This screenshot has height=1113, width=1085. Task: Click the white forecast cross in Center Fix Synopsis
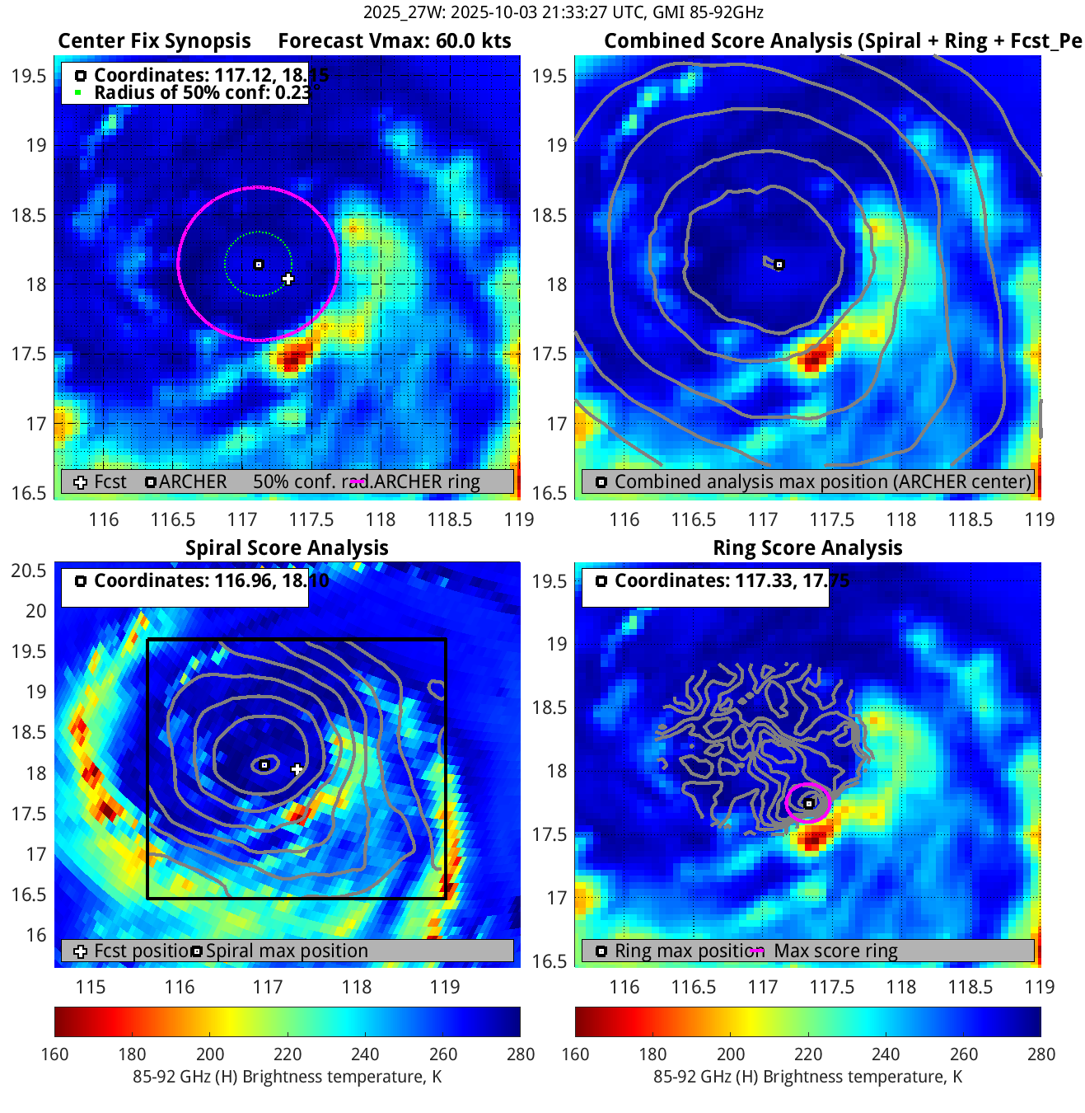click(288, 279)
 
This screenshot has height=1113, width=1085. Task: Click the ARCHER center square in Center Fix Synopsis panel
click(259, 265)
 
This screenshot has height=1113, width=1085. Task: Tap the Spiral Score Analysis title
click(287, 547)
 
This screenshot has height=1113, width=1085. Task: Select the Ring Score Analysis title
click(807, 547)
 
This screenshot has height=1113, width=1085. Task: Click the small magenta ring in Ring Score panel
click(808, 803)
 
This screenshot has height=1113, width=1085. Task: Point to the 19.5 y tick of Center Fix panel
click(29, 76)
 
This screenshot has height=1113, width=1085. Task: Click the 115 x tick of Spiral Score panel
click(91, 987)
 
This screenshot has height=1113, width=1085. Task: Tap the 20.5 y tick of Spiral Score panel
click(29, 571)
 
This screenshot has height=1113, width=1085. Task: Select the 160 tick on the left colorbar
click(54, 1054)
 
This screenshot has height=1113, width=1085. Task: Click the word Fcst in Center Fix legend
click(110, 481)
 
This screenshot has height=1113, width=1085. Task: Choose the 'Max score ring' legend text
click(835, 951)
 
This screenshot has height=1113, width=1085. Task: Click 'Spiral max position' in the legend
click(287, 951)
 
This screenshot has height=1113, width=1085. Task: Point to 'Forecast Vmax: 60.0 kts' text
click(395, 41)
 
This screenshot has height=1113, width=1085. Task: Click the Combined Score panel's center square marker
click(779, 265)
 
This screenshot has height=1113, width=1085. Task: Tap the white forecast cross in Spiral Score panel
click(297, 769)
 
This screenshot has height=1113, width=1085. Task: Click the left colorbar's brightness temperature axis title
click(287, 1077)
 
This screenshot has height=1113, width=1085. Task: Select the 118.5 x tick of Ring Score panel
click(970, 987)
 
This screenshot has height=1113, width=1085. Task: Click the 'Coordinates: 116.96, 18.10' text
click(211, 580)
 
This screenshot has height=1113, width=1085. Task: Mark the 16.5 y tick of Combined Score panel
click(550, 493)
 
